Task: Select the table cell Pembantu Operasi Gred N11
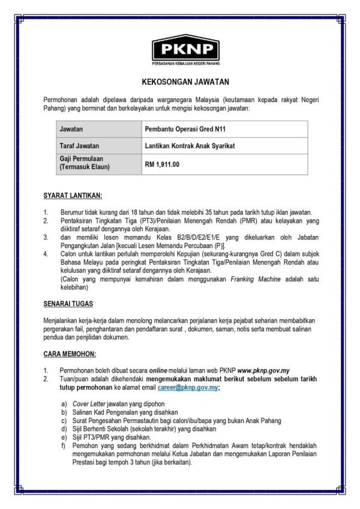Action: point(185,129)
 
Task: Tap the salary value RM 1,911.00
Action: point(163,163)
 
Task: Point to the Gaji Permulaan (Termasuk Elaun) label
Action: point(85,163)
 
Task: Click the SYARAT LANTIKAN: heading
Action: point(73,196)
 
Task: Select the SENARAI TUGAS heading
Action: point(68,304)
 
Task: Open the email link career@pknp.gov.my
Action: point(188,388)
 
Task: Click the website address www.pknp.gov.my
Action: point(264,371)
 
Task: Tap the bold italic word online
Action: point(158,371)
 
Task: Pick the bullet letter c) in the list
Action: point(64,421)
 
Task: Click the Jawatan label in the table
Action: point(71,129)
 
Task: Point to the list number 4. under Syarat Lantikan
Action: point(46,254)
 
